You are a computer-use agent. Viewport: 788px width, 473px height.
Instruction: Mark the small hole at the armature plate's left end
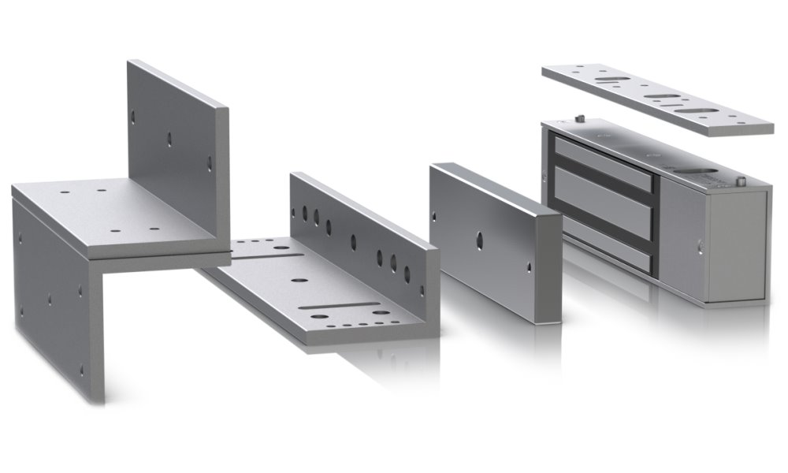(434, 216)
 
